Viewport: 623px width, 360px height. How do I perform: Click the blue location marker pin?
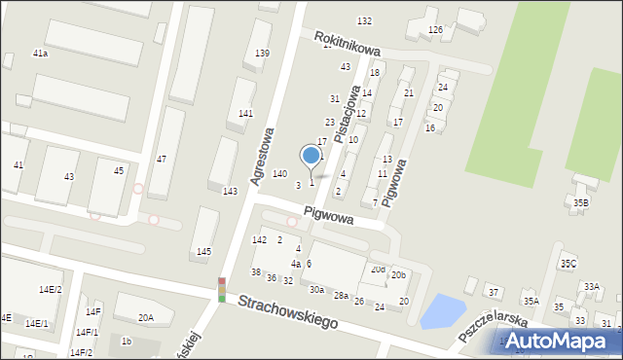[x=311, y=156]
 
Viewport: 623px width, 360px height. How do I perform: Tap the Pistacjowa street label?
[x=348, y=113]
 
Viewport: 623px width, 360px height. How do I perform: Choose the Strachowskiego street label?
[x=288, y=313]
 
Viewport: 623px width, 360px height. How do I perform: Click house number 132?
[x=364, y=20]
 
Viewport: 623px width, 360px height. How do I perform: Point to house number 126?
[x=435, y=30]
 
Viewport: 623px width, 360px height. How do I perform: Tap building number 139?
[x=262, y=53]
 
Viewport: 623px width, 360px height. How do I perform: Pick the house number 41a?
[x=41, y=53]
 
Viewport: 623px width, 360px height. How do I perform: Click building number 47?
[x=162, y=159]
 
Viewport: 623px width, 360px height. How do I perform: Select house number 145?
[x=203, y=252]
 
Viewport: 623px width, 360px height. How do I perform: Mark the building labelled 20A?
[x=145, y=317]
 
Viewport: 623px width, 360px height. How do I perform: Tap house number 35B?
[x=581, y=202]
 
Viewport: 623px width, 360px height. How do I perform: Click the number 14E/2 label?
[x=50, y=289]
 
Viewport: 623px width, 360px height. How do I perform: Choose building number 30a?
[x=316, y=289]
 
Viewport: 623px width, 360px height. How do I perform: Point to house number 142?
[x=259, y=239]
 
